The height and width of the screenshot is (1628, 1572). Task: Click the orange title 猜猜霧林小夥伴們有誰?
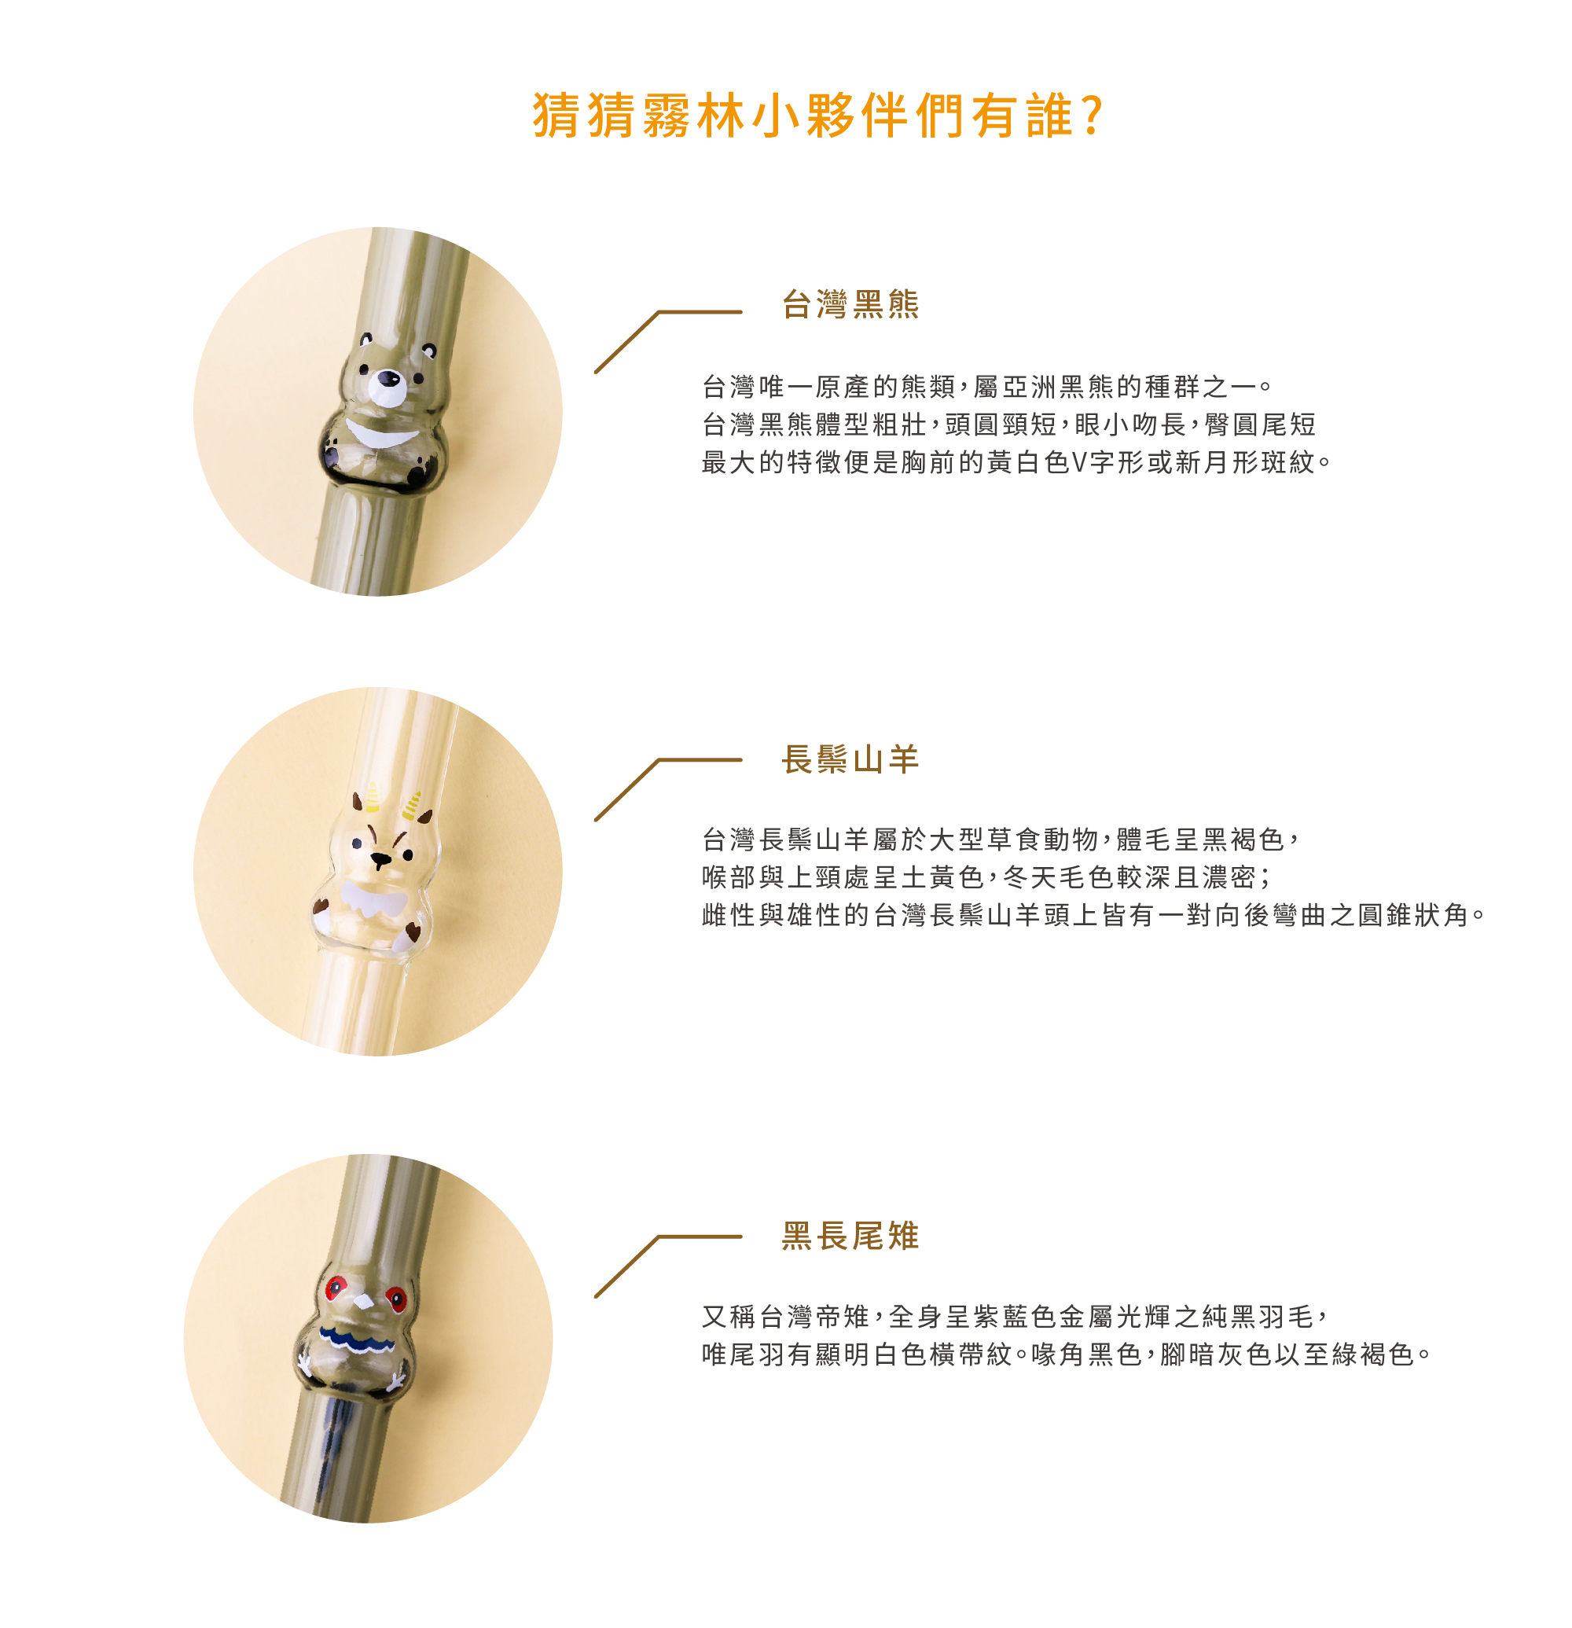817,115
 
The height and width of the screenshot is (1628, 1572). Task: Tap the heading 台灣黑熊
850,304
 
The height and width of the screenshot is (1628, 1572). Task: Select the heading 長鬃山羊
850,759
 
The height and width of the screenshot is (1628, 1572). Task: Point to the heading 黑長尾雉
850,1236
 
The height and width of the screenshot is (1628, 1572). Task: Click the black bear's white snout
387,387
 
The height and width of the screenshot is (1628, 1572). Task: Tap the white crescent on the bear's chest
381,434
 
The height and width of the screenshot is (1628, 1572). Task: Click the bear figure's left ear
366,339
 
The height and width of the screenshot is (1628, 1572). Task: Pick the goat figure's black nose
381,859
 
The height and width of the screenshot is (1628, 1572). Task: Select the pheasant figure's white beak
362,1301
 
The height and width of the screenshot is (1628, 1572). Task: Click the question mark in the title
1093,115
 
